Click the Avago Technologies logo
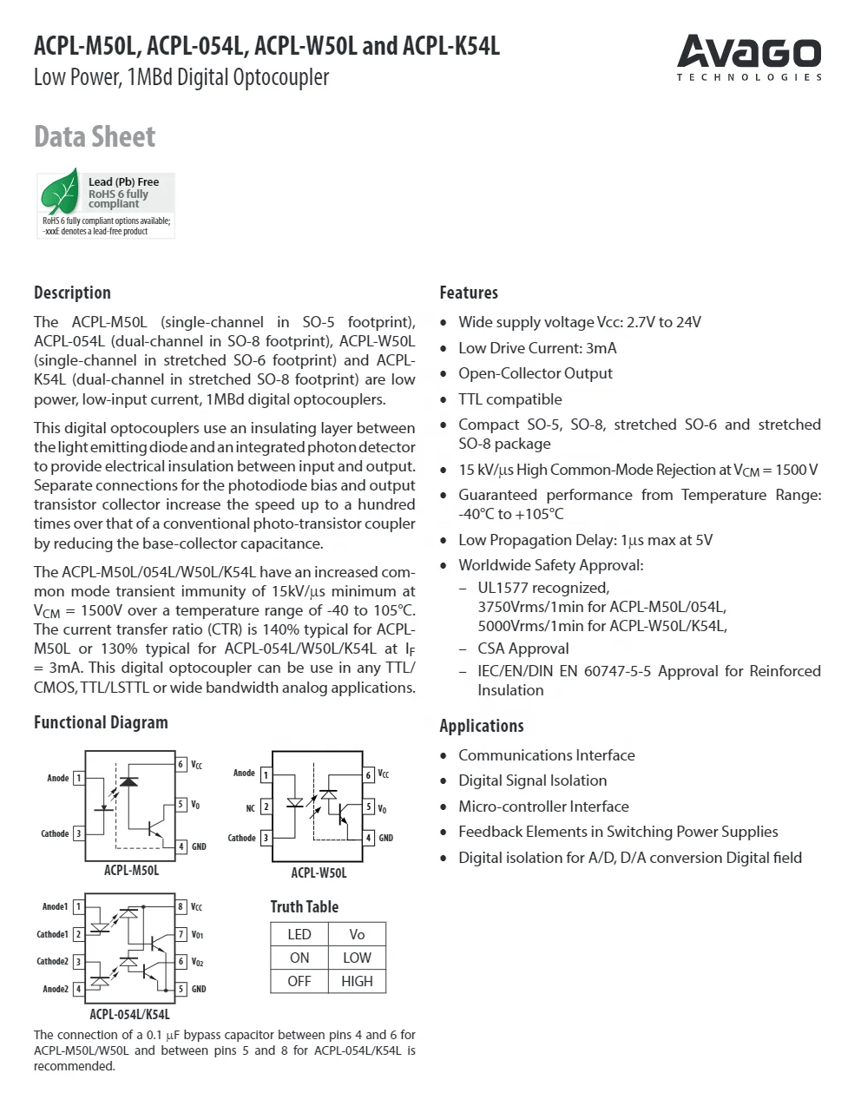click(x=749, y=57)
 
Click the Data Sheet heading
click(x=94, y=136)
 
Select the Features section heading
click(x=468, y=293)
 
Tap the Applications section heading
click(x=481, y=726)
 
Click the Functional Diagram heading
click(x=101, y=722)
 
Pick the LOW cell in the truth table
click(x=357, y=958)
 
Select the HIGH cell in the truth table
click(x=357, y=981)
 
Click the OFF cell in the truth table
click(x=299, y=981)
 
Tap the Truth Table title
click(x=304, y=906)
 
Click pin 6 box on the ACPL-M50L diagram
click(x=181, y=764)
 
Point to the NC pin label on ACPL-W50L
click(x=250, y=808)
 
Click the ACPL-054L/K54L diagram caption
click(x=130, y=1014)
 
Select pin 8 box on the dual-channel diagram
click(x=181, y=906)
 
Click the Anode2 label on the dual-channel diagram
click(x=56, y=989)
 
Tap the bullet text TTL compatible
click(x=509, y=399)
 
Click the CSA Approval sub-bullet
click(x=523, y=649)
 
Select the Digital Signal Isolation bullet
click(x=532, y=780)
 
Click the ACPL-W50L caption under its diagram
click(x=319, y=872)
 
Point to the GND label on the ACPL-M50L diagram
click(x=199, y=846)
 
